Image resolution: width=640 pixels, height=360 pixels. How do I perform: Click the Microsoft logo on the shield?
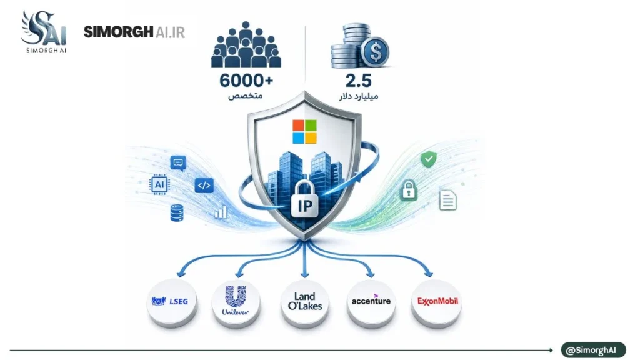[304, 131]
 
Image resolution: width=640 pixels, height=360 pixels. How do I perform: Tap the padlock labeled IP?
[304, 199]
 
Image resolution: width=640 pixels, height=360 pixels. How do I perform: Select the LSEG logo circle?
[171, 302]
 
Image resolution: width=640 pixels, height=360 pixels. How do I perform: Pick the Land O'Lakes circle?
[305, 303]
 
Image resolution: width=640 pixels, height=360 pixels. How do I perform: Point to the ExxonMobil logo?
[437, 301]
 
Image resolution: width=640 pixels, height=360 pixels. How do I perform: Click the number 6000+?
[246, 81]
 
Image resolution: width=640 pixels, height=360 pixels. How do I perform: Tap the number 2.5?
[358, 81]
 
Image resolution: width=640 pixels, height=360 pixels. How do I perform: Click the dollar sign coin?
[376, 52]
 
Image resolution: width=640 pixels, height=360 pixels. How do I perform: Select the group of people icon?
[246, 44]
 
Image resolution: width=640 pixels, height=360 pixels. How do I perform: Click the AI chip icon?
[159, 184]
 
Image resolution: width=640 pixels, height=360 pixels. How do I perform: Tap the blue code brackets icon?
[204, 186]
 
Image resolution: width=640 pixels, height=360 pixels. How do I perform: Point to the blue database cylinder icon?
[177, 213]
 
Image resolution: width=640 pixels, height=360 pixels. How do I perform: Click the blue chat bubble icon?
[178, 163]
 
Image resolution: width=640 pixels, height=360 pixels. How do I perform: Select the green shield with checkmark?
[429, 159]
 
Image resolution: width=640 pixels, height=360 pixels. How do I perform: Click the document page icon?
[447, 201]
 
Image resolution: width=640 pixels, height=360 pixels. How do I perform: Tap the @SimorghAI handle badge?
[593, 350]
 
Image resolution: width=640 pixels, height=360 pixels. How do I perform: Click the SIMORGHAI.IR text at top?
[134, 32]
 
